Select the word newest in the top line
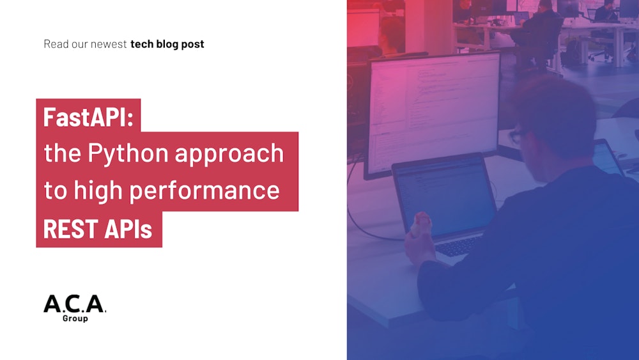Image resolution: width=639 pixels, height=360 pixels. (x=109, y=44)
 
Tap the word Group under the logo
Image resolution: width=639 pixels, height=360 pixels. (x=75, y=318)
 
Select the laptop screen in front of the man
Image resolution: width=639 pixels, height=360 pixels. (x=444, y=195)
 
